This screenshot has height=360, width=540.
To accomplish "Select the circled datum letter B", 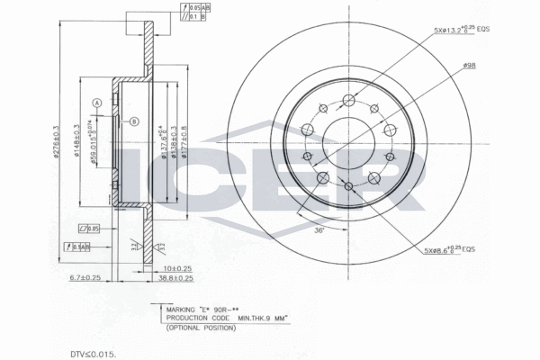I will [x=134, y=121].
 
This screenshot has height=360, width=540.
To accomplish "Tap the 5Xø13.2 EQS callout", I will [x=460, y=31].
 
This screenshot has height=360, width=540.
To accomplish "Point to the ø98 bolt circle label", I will [x=468, y=65].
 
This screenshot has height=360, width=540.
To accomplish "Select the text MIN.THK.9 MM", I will [x=261, y=319].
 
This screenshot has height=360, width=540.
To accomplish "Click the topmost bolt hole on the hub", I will [x=348, y=99].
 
